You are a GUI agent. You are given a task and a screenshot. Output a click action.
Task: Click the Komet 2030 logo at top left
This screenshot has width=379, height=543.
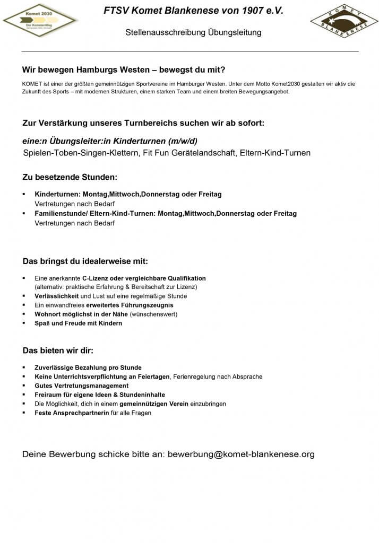click(x=40, y=20)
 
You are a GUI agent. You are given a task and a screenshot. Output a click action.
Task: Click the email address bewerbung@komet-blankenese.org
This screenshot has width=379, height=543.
click(x=241, y=454)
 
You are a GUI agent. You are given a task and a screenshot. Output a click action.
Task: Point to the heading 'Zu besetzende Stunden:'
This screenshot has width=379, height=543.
click(x=70, y=177)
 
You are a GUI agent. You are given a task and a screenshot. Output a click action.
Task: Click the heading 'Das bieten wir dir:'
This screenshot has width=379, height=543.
click(x=58, y=351)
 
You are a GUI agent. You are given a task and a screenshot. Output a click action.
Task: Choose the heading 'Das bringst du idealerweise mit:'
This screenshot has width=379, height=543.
click(x=85, y=261)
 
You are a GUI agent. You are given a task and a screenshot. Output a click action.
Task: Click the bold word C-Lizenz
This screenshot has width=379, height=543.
click(x=95, y=278)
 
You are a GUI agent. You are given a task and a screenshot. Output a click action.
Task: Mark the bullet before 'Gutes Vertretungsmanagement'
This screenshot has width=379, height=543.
click(x=24, y=386)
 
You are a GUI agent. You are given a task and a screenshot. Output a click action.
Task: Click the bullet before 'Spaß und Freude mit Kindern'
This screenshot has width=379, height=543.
click(x=24, y=323)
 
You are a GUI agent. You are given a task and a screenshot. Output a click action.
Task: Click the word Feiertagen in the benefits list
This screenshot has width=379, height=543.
click(x=150, y=376)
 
